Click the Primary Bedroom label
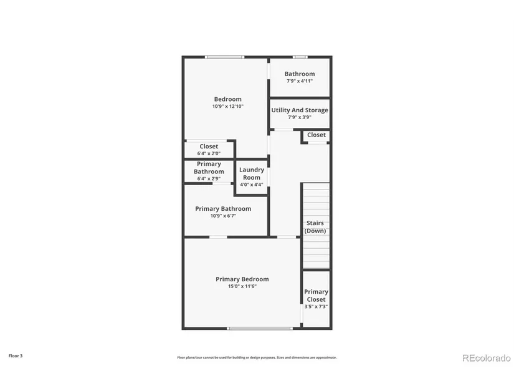point(242,279)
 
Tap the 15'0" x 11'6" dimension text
point(242,286)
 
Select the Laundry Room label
point(252,173)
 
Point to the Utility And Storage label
point(300,110)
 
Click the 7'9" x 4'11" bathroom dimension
point(300,81)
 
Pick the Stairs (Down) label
point(315,227)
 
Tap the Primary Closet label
point(316,296)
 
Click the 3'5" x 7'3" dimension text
point(316,307)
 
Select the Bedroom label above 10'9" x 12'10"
point(228,99)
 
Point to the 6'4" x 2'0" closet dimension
point(209,153)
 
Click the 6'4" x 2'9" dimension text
point(209,178)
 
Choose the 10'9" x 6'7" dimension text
point(223,216)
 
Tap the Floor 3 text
point(16,356)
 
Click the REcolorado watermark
point(487,358)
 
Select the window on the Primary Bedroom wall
point(260,328)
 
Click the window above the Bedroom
point(224,57)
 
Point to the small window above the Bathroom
point(300,57)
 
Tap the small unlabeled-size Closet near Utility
point(316,135)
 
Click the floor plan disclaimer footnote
point(257,357)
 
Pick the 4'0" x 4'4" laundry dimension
point(252,185)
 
